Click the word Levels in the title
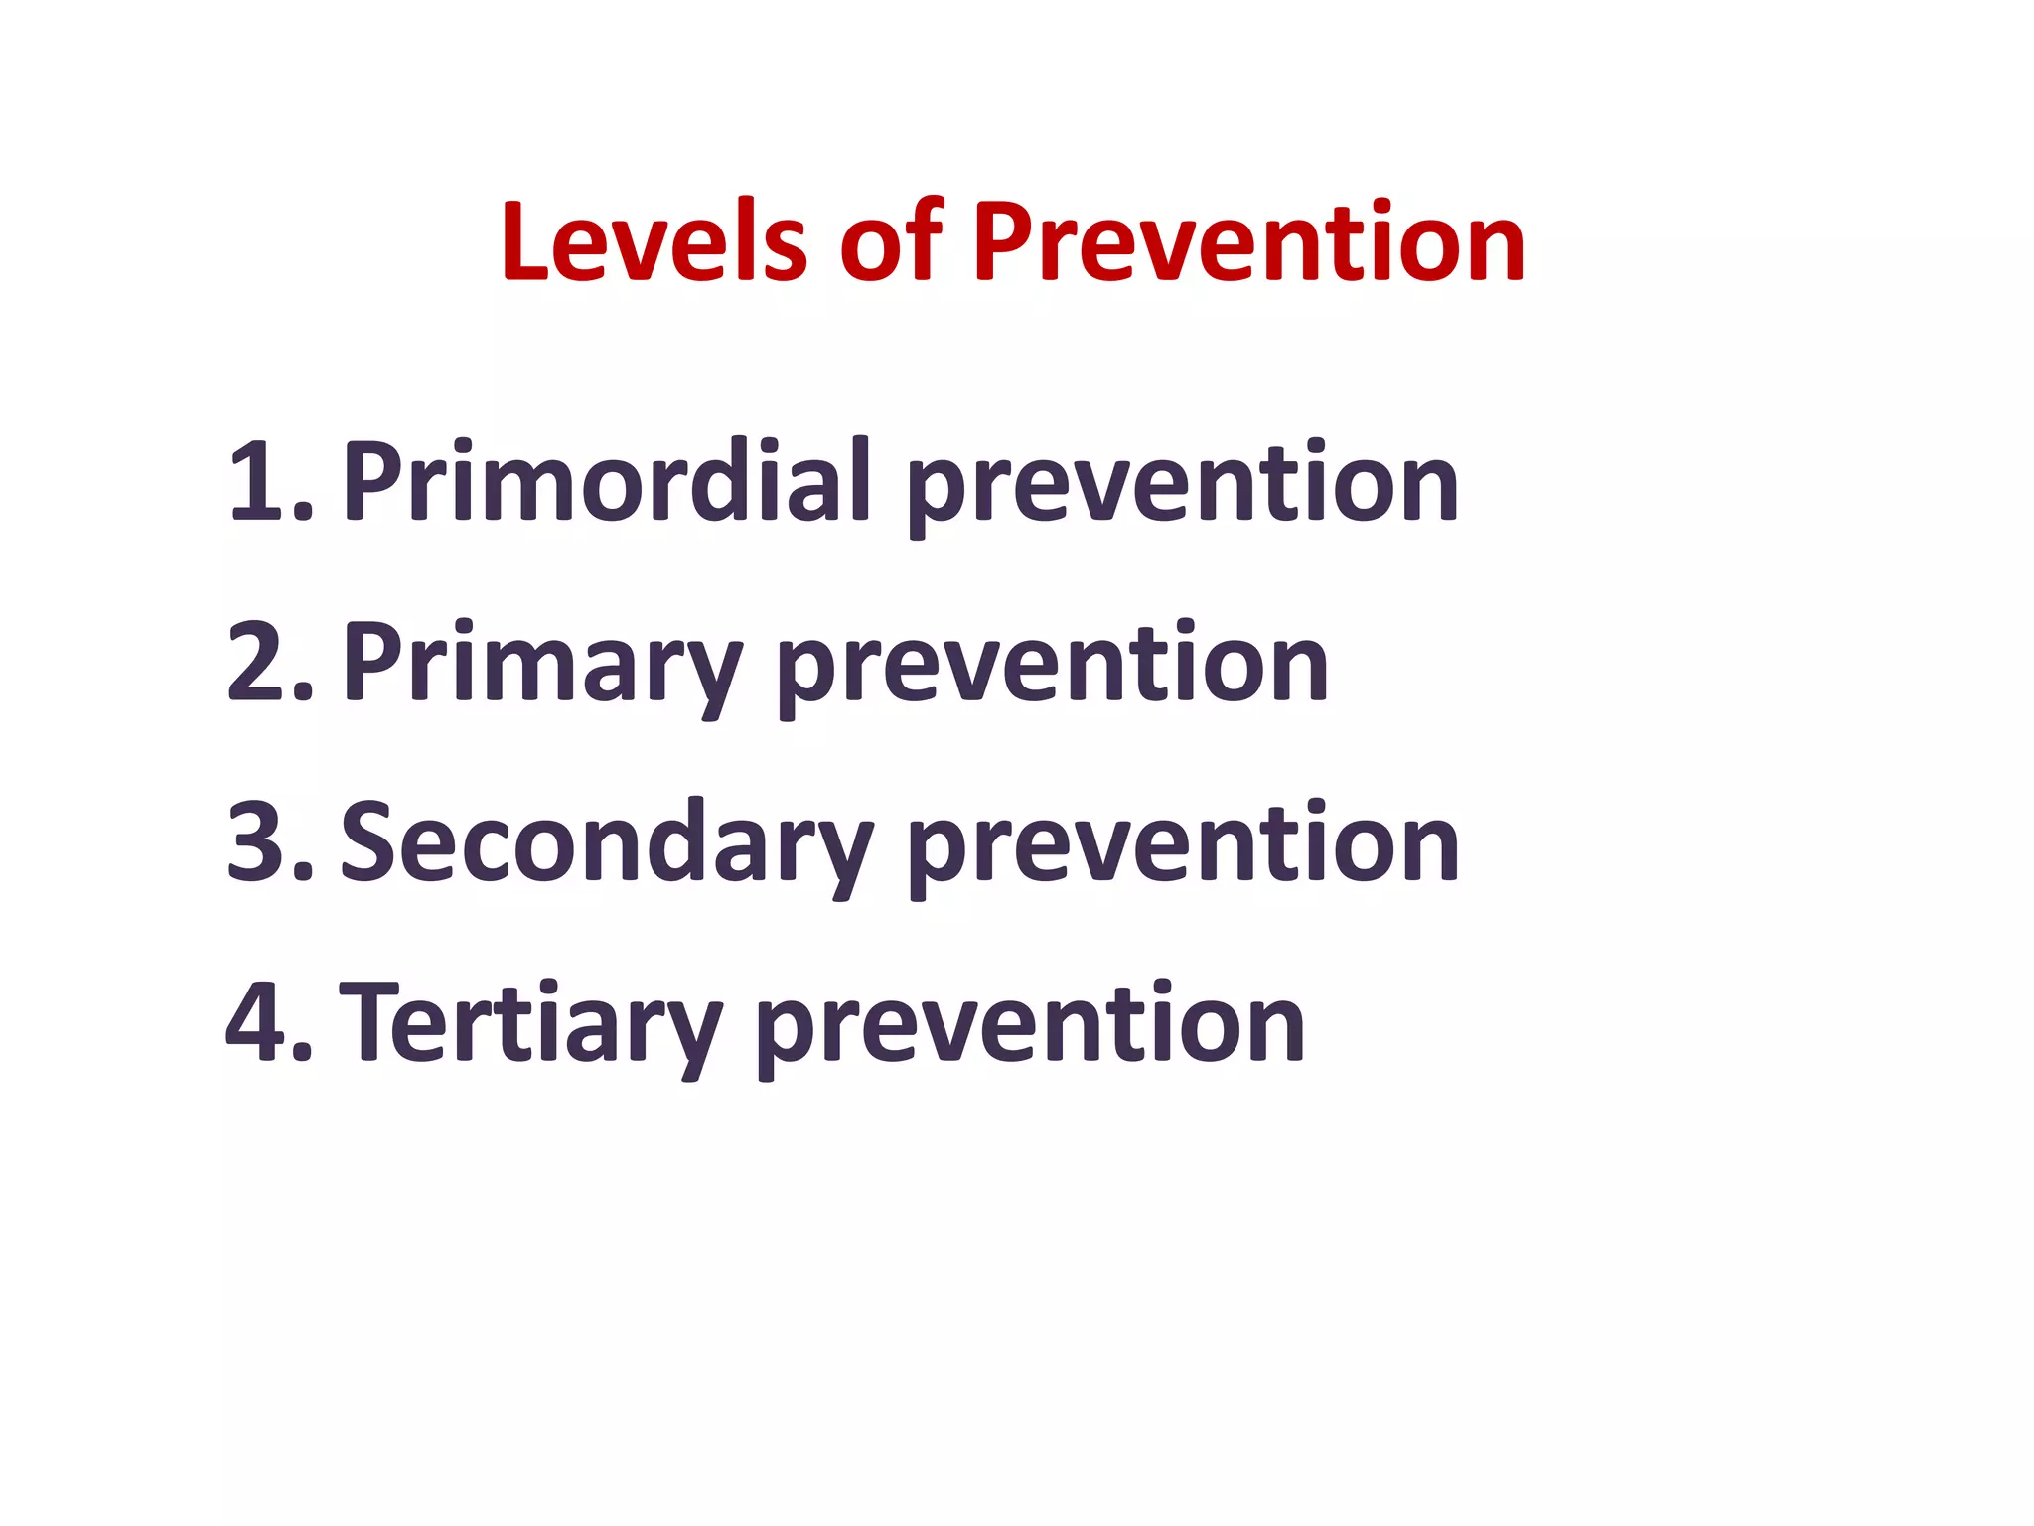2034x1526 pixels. click(x=654, y=241)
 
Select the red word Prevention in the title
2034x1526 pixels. click(x=1247, y=241)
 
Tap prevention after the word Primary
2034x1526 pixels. click(x=1053, y=666)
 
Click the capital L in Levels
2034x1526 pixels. click(x=526, y=241)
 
